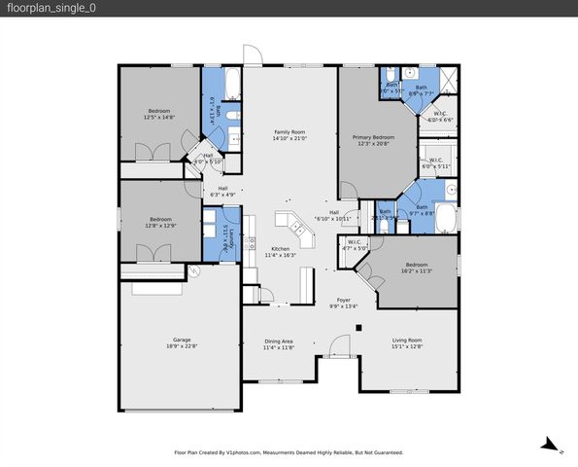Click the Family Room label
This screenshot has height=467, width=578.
tap(289, 135)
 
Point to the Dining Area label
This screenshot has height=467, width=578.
tap(279, 343)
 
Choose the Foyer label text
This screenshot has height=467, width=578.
tap(343, 303)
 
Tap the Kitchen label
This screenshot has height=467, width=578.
tap(280, 251)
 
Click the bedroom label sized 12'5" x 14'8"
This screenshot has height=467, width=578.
tap(160, 114)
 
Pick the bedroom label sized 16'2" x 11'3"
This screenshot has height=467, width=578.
tap(416, 268)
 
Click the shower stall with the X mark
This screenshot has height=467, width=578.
tap(448, 80)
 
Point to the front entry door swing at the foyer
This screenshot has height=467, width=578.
tap(339, 343)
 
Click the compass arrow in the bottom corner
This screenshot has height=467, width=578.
tap(551, 446)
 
